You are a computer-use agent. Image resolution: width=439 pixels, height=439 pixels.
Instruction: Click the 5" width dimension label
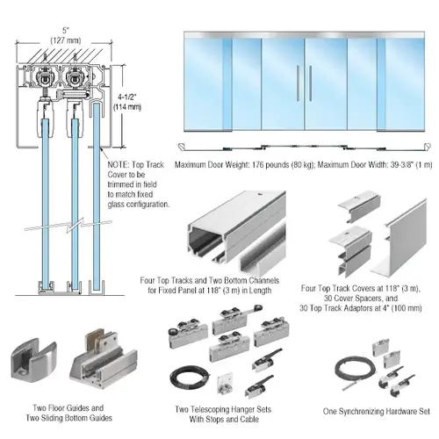(x=66, y=31)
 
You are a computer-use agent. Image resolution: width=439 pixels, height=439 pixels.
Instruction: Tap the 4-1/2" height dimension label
(x=127, y=97)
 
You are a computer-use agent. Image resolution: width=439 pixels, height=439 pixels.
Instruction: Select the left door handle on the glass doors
(x=298, y=83)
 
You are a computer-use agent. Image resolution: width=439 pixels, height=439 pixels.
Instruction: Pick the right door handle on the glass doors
(x=310, y=83)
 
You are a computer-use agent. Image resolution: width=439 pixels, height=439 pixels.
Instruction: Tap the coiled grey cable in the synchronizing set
(x=352, y=374)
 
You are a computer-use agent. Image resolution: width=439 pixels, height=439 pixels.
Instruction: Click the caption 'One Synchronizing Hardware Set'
(x=377, y=411)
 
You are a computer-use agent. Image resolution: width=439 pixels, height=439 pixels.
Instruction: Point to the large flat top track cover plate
(x=400, y=239)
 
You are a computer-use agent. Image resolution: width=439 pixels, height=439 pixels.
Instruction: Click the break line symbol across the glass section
(x=68, y=225)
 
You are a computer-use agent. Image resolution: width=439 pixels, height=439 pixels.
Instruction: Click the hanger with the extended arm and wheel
(x=238, y=320)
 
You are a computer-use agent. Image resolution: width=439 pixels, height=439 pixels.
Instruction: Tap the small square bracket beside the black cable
(x=226, y=384)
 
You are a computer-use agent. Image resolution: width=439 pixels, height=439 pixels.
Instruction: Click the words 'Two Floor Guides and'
(x=68, y=408)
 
